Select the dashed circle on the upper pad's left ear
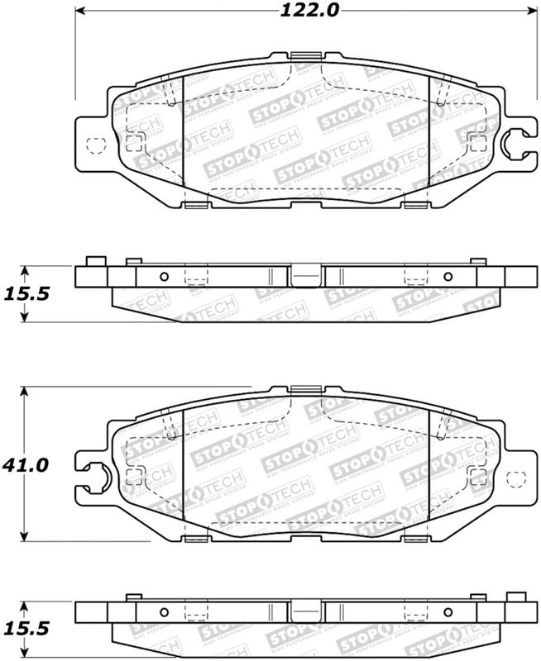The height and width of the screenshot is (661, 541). pos(95,146)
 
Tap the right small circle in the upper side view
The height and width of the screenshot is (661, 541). pos(448,276)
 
